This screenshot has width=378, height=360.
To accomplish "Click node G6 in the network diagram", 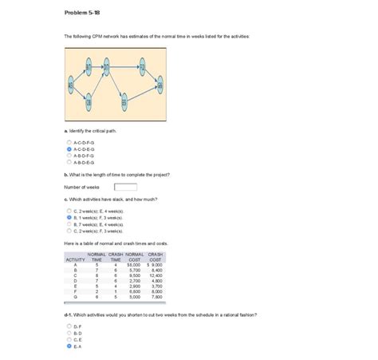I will tap(160, 85).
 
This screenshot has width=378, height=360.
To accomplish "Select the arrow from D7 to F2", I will tap(124, 67).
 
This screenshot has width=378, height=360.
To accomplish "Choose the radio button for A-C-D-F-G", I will tap(69, 141).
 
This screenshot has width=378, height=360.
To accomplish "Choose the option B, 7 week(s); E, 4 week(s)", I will tap(69, 224).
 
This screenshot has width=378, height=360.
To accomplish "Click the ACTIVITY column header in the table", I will tap(75, 259).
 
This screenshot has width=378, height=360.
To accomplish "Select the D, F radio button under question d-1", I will tap(69, 326).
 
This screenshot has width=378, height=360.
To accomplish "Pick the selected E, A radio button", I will tap(69, 346).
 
